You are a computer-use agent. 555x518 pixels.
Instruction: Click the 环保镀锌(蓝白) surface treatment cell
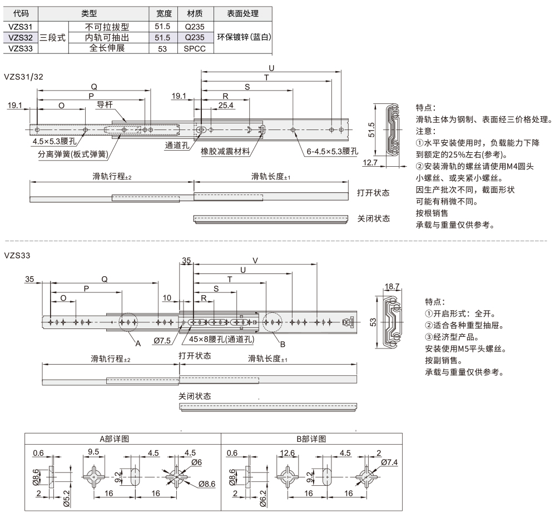(243, 37)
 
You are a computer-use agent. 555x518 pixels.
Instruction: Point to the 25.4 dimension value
(226, 104)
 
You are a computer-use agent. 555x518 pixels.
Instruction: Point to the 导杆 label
(105, 104)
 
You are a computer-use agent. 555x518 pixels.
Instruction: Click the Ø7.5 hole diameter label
(162, 340)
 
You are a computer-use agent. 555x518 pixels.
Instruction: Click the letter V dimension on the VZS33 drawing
(255, 260)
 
